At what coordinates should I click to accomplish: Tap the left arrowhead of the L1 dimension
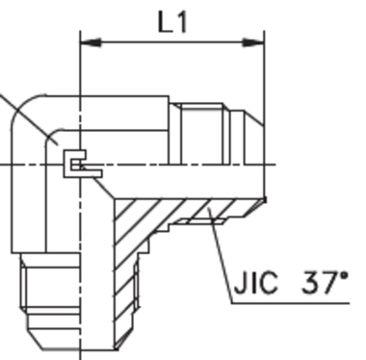coord(87,42)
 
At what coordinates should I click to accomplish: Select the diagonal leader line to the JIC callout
coord(220,248)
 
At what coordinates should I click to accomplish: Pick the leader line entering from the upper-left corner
coord(24,113)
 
